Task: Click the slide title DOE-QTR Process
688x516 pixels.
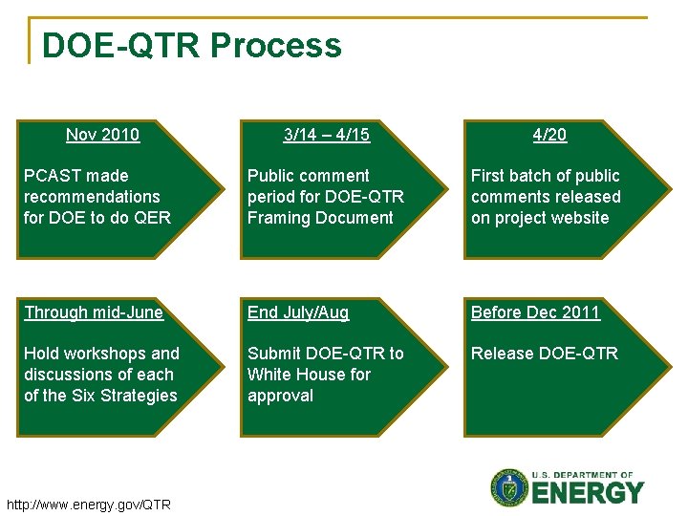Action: coord(191,46)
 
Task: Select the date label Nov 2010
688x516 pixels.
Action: coord(102,135)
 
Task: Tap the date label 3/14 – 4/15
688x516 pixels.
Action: coord(327,135)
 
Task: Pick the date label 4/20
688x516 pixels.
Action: coord(549,135)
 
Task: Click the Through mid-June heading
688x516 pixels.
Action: coord(94,312)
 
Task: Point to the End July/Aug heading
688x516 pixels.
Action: coord(298,312)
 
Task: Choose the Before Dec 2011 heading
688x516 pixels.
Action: coord(535,312)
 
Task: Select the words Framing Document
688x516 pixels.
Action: coord(320,218)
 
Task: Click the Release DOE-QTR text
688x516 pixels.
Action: coord(544,354)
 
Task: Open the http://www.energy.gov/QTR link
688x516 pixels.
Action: coord(88,505)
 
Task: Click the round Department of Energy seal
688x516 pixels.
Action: coord(509,487)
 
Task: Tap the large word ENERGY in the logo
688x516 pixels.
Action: coord(588,493)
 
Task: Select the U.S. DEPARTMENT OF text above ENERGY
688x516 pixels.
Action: coord(584,475)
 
